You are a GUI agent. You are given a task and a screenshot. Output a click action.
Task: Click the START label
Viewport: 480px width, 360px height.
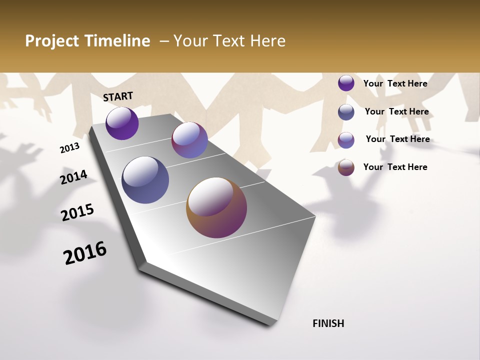[118, 96]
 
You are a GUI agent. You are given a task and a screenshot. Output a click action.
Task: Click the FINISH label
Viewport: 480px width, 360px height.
[328, 323]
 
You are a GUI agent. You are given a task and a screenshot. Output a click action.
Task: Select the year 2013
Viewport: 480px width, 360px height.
[69, 148]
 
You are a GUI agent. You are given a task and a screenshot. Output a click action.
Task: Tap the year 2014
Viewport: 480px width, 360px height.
[73, 177]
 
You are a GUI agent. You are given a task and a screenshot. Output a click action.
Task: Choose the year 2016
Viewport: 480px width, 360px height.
[85, 253]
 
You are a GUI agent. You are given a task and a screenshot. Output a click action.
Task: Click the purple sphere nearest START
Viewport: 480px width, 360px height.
[122, 123]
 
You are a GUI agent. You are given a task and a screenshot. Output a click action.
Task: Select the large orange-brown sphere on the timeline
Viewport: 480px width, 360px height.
[216, 207]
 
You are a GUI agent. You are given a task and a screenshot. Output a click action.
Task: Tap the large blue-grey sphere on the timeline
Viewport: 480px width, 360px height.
[145, 180]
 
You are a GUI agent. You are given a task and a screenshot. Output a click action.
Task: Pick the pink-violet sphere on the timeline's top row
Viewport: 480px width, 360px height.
[189, 140]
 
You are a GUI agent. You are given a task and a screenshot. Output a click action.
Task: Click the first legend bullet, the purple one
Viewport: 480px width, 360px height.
[346, 83]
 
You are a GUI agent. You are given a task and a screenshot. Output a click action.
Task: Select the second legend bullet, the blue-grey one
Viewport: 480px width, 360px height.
[346, 112]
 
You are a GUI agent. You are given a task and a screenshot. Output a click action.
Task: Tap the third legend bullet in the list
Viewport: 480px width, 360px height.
[346, 140]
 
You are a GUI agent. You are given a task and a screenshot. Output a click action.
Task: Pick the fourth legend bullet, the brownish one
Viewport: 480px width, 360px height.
[346, 167]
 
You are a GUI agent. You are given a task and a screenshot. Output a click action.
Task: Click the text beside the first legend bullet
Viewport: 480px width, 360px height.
[395, 83]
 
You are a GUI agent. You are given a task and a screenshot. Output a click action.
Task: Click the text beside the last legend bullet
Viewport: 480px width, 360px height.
[395, 167]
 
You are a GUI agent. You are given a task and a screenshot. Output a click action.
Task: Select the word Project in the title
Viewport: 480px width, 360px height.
[52, 41]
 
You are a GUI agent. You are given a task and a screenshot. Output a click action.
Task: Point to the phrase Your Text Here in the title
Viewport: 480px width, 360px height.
[229, 41]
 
